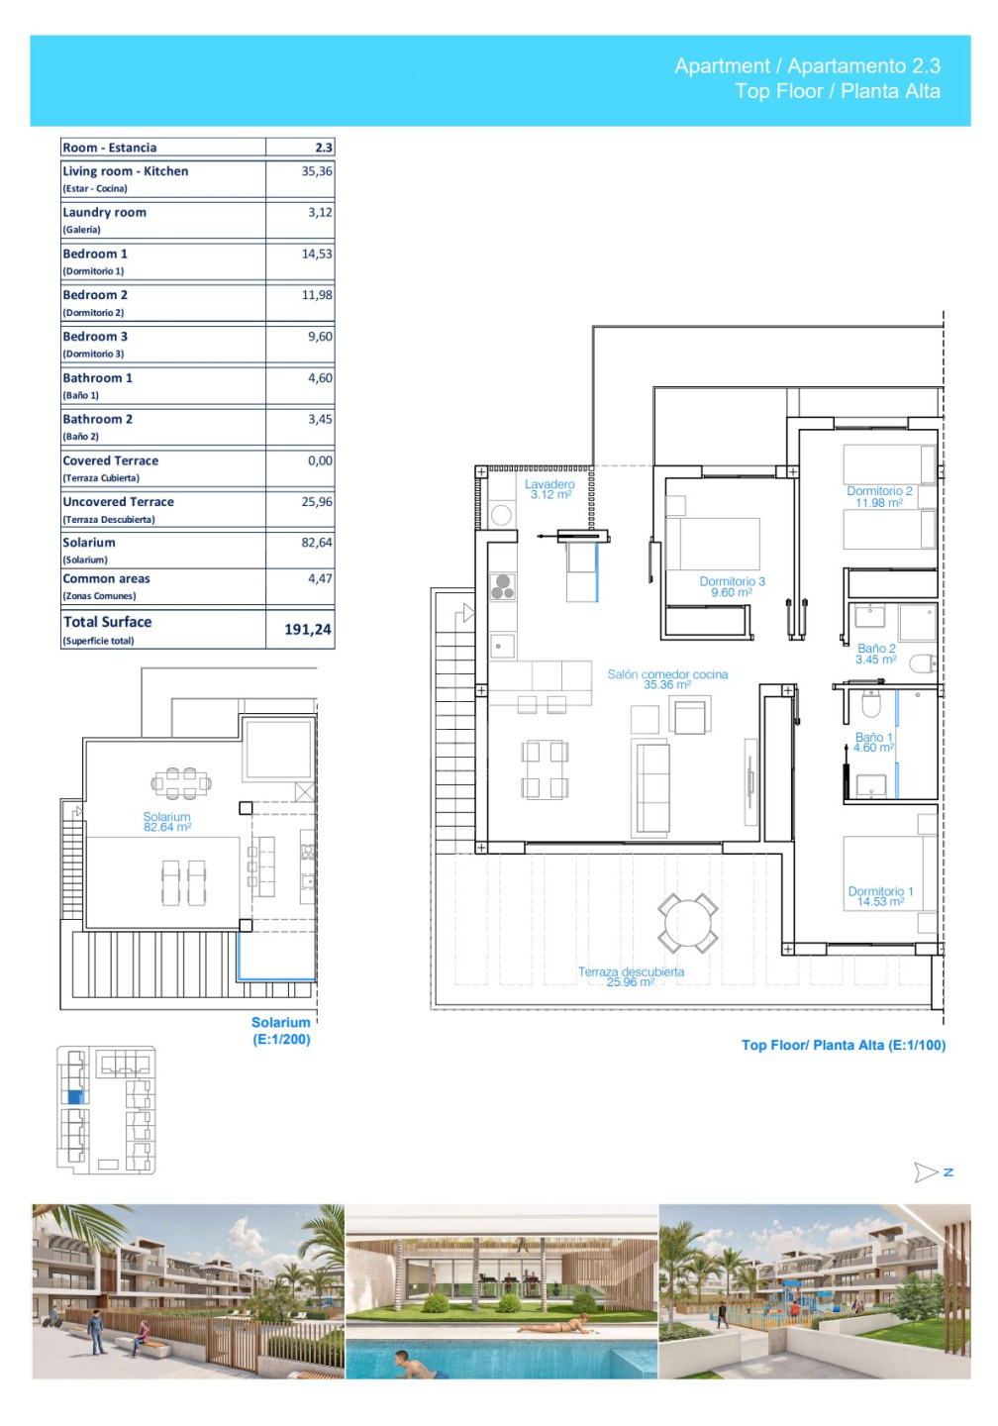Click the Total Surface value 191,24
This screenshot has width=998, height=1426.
click(307, 629)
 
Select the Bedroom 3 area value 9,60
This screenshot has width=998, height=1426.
click(320, 336)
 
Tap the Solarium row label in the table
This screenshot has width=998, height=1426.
click(89, 543)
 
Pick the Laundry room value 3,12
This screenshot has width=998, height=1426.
click(320, 212)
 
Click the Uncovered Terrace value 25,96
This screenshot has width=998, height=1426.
click(317, 502)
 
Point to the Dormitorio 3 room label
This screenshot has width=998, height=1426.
click(732, 586)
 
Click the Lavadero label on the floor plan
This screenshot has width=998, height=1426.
click(549, 489)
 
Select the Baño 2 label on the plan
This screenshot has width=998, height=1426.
click(876, 654)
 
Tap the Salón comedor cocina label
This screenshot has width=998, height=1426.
click(667, 679)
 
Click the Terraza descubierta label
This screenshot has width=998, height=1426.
click(631, 976)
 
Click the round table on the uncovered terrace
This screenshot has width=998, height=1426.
click(687, 923)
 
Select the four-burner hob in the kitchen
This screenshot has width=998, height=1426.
click(502, 587)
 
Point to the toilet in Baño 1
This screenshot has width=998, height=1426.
click(870, 703)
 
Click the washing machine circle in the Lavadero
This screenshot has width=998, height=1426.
click(501, 514)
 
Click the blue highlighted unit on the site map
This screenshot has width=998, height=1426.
click(75, 1097)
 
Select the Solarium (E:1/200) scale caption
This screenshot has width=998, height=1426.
click(281, 1031)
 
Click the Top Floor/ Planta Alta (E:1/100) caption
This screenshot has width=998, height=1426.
click(844, 1045)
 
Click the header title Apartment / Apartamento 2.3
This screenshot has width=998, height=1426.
click(807, 65)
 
